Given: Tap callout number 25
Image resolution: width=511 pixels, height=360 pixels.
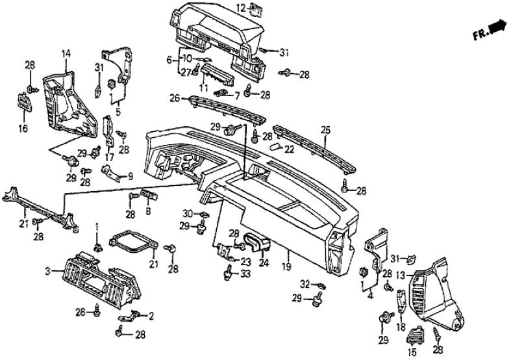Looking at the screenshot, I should [326, 131].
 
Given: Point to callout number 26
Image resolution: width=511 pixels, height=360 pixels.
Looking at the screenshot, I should [174, 99].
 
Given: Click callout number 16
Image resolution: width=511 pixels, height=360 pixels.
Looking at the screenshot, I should [23, 129].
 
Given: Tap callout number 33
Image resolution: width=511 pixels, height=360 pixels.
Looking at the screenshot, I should [245, 274].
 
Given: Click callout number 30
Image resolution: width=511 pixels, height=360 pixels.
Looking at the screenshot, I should [188, 213].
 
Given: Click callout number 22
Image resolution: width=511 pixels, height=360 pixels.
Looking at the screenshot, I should [289, 149].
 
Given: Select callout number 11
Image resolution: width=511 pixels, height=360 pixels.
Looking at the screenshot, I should [203, 88].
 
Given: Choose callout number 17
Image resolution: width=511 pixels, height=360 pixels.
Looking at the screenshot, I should [109, 156].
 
